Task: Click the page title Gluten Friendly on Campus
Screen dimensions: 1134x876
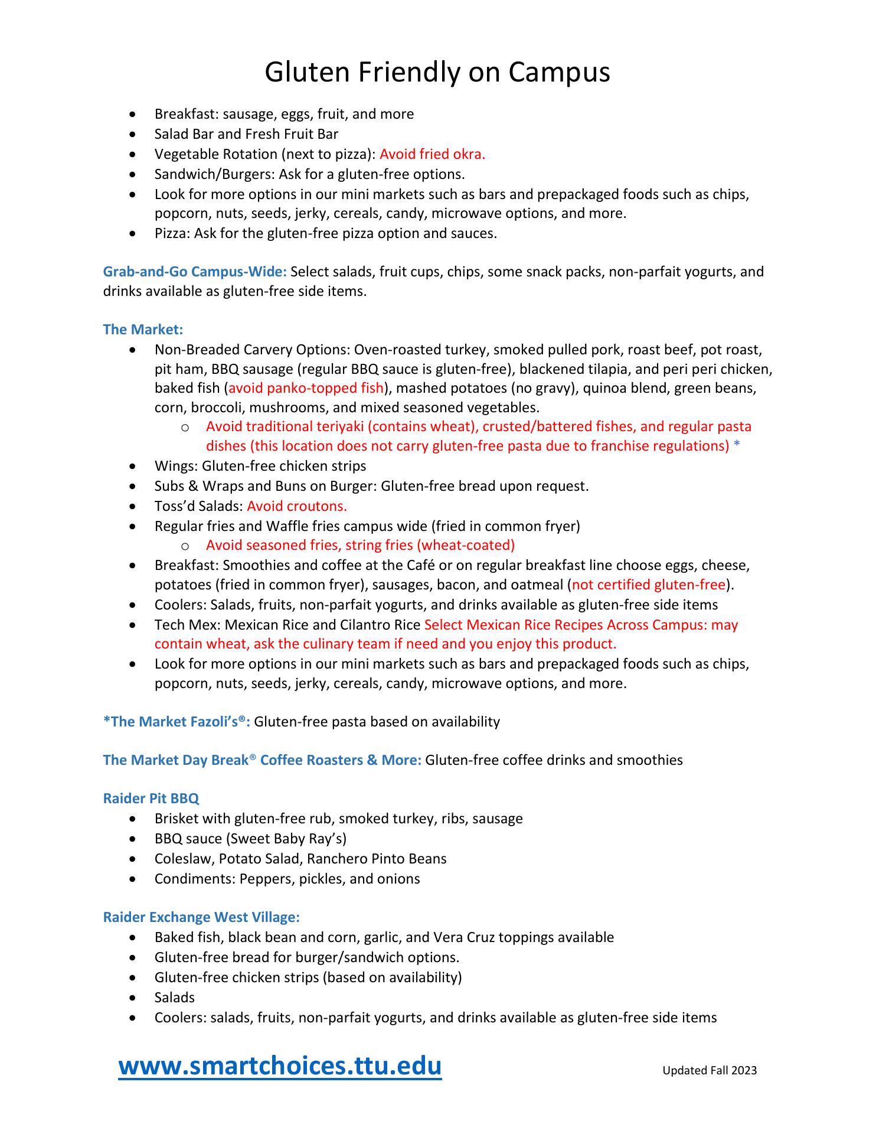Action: (437, 73)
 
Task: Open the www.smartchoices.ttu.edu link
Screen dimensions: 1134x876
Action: (280, 1066)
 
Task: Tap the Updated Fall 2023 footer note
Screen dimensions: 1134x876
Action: (709, 1070)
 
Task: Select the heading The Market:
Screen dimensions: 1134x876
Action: (143, 330)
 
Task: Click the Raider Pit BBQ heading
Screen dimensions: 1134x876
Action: (151, 799)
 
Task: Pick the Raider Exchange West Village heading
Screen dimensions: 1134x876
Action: (201, 917)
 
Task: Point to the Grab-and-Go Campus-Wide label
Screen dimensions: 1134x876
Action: (195, 272)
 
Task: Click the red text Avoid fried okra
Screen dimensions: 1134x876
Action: (432, 154)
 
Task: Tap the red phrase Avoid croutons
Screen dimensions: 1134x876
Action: (296, 506)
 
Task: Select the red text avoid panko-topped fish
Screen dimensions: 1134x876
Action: (306, 389)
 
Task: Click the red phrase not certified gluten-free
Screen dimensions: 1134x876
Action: (648, 585)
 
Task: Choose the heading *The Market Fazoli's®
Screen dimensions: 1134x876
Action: (176, 722)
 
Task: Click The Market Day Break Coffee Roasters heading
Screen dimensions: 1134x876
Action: (262, 760)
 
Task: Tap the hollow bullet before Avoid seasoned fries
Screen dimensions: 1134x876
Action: (185, 545)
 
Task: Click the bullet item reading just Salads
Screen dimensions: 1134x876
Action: (174, 998)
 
